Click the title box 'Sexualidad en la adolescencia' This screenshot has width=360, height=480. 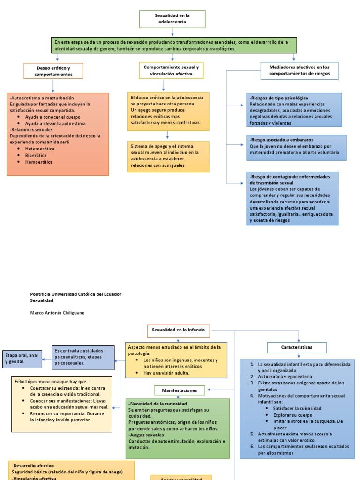pos(172,19)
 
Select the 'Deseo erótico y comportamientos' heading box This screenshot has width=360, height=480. pos(53,71)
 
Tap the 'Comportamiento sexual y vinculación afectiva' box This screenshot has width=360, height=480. pos(172,70)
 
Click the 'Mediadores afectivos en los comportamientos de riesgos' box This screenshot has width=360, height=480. pos(300,71)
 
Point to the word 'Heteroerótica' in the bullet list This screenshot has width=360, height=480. pos(40,149)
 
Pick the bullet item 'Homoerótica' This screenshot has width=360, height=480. pos(39,162)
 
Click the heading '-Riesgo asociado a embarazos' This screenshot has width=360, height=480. pos(281,140)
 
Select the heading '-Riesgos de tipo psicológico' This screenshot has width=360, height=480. pos(279,98)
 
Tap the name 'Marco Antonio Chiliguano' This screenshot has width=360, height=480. pos(57,313)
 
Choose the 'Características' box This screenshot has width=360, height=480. pos(297,347)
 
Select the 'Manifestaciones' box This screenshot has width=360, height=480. pos(180,390)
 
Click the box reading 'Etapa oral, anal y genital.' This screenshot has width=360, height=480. pos(22,359)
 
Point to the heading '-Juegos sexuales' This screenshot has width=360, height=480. pos(146,435)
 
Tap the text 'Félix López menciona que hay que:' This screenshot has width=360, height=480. pos(51,382)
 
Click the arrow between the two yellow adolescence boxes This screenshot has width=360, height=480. pos(167,135)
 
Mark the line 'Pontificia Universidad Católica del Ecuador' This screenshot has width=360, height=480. pos(75,294)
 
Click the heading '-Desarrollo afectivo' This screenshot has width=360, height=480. pos(33,466)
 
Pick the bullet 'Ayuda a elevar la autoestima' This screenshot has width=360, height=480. pos(55,124)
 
